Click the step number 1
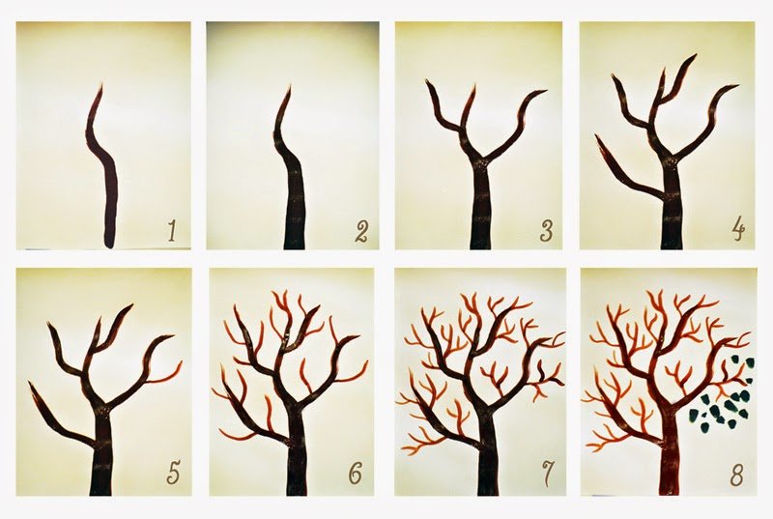(172, 231)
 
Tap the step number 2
(361, 232)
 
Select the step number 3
(546, 231)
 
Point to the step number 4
(737, 231)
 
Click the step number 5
(172, 474)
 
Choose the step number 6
(355, 474)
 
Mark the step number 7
(547, 474)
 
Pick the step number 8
(736, 474)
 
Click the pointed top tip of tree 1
(102, 84)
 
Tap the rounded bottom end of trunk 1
(109, 245)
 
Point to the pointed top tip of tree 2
(289, 85)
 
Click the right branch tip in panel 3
(546, 90)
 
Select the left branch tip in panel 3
(427, 81)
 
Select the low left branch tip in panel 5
(30, 383)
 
